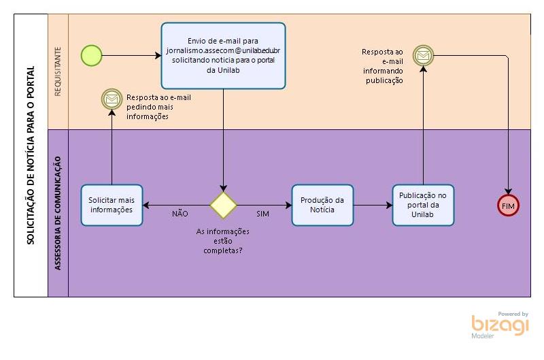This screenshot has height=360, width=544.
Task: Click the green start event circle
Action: click(91, 55)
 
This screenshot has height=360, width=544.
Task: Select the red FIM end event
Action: click(507, 205)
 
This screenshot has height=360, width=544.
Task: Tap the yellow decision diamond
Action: click(223, 205)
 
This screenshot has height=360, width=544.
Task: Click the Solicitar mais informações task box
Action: click(112, 205)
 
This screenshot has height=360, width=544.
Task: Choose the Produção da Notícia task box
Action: click(322, 205)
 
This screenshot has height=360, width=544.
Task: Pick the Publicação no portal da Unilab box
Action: click(422, 205)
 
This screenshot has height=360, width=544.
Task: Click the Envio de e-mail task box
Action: click(223, 56)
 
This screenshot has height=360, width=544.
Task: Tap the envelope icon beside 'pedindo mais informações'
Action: click(110, 99)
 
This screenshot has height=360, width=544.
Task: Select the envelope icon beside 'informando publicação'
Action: click(423, 55)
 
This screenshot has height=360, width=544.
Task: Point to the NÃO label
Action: click(180, 214)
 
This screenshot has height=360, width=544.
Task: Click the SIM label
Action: click(262, 214)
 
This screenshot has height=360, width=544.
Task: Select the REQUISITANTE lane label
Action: click(58, 71)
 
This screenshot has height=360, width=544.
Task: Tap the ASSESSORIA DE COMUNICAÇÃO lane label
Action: click(58, 212)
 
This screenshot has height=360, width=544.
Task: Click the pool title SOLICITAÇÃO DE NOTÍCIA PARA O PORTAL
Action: click(31, 155)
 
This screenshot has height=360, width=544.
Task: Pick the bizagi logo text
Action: click(500, 325)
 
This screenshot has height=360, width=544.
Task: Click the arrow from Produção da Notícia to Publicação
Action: click(373, 205)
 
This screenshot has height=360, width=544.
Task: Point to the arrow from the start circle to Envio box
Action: click(131, 55)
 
